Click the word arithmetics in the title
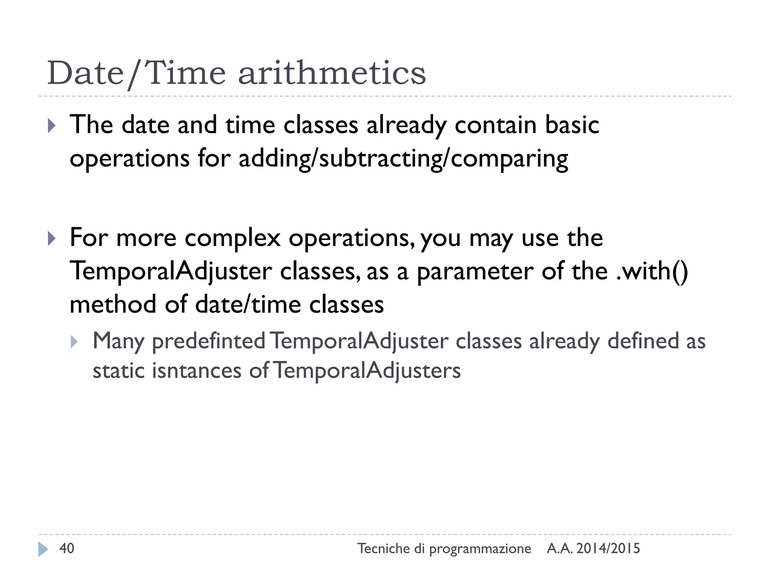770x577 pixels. click(332, 73)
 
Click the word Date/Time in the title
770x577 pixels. click(136, 73)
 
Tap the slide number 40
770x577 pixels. click(67, 548)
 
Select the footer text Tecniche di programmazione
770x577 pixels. click(444, 549)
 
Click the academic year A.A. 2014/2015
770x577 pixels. click(593, 549)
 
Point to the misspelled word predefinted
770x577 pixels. click(209, 341)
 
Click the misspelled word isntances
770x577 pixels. click(196, 371)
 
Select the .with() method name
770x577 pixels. click(652, 271)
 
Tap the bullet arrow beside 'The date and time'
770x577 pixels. click(52, 126)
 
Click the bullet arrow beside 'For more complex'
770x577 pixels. click(52, 239)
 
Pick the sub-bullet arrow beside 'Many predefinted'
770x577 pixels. click(74, 341)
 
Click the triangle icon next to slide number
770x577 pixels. click(43, 549)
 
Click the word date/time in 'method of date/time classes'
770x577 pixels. click(248, 304)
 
